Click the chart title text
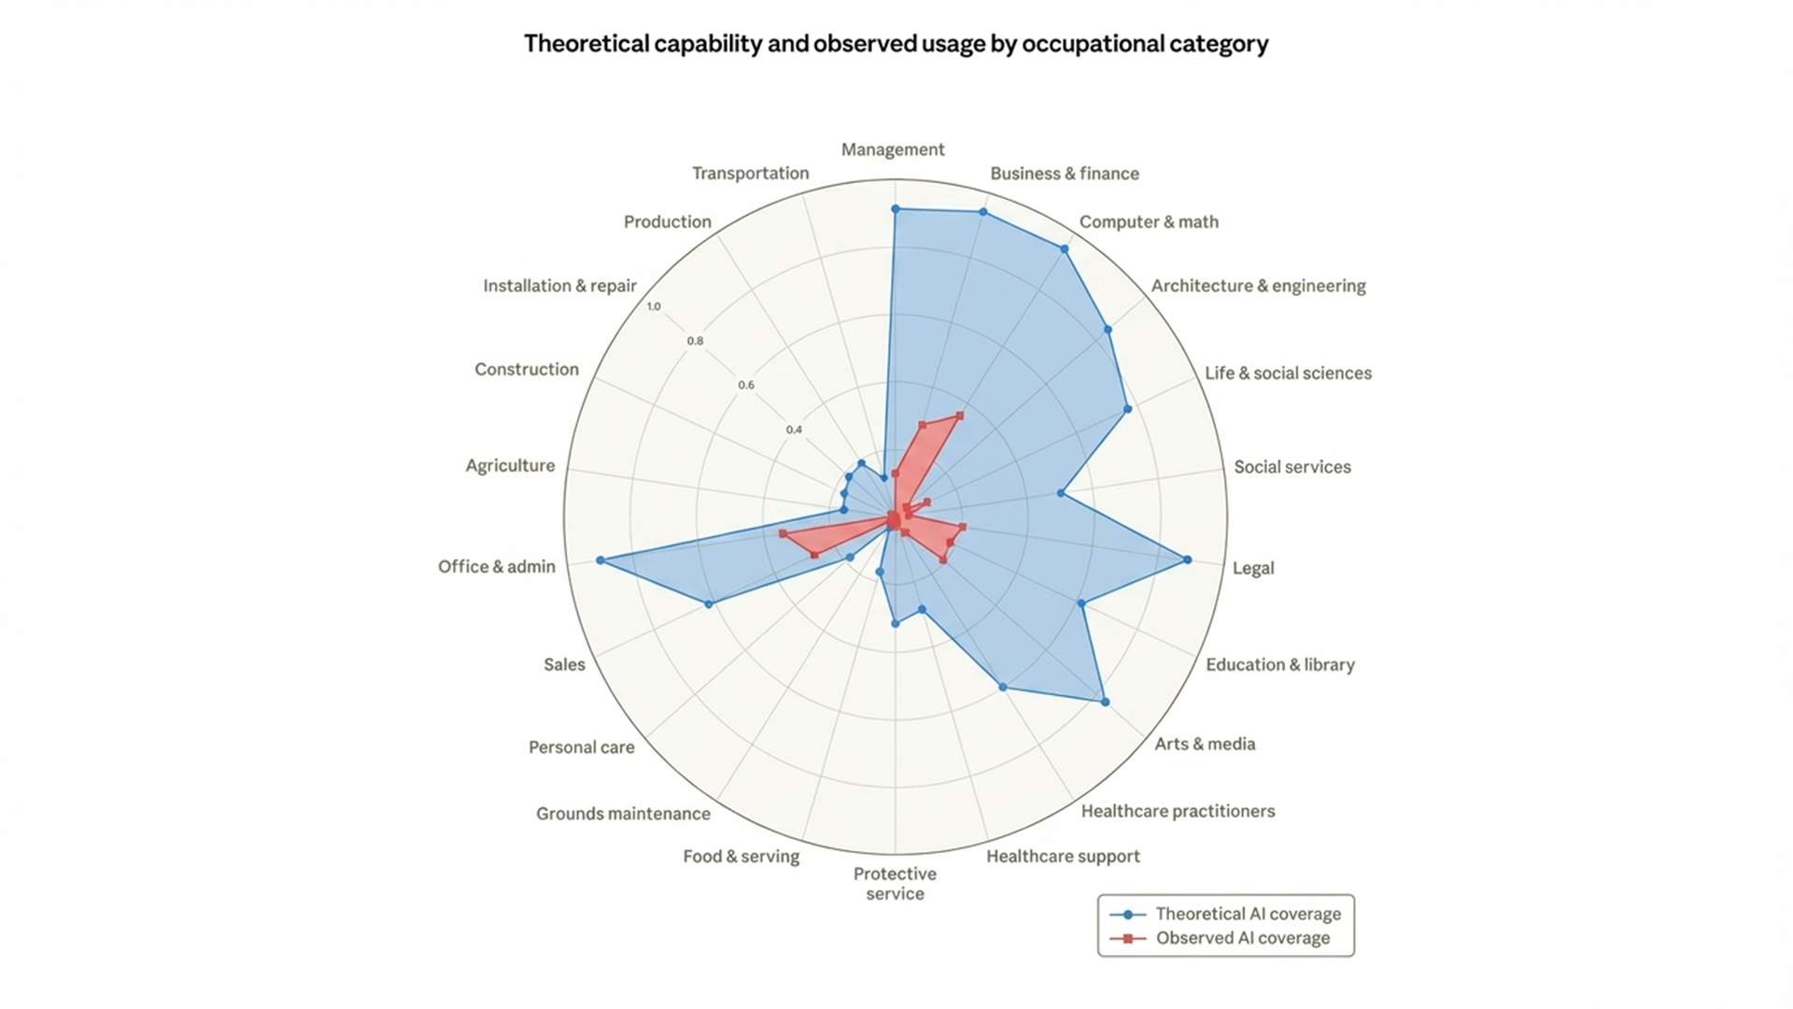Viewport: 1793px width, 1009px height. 896,44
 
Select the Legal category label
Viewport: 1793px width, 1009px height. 1252,568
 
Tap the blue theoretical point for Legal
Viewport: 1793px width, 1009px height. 1187,560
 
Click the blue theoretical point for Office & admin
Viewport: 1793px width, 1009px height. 600,561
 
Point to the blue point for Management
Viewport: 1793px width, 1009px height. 895,209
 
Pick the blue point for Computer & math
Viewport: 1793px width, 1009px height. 1064,249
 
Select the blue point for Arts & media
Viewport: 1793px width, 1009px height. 1106,702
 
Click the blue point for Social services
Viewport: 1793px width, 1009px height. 1060,492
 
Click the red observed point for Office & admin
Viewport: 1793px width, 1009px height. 783,533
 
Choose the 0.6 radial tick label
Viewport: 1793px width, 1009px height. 745,385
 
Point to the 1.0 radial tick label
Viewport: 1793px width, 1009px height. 653,306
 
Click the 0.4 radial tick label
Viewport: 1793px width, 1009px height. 793,430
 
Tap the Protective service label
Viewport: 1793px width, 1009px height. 895,884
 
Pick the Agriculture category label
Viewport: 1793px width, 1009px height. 510,465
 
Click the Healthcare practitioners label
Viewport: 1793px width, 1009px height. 1178,811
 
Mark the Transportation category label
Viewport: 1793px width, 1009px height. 750,173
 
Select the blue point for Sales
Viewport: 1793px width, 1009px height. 709,604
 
